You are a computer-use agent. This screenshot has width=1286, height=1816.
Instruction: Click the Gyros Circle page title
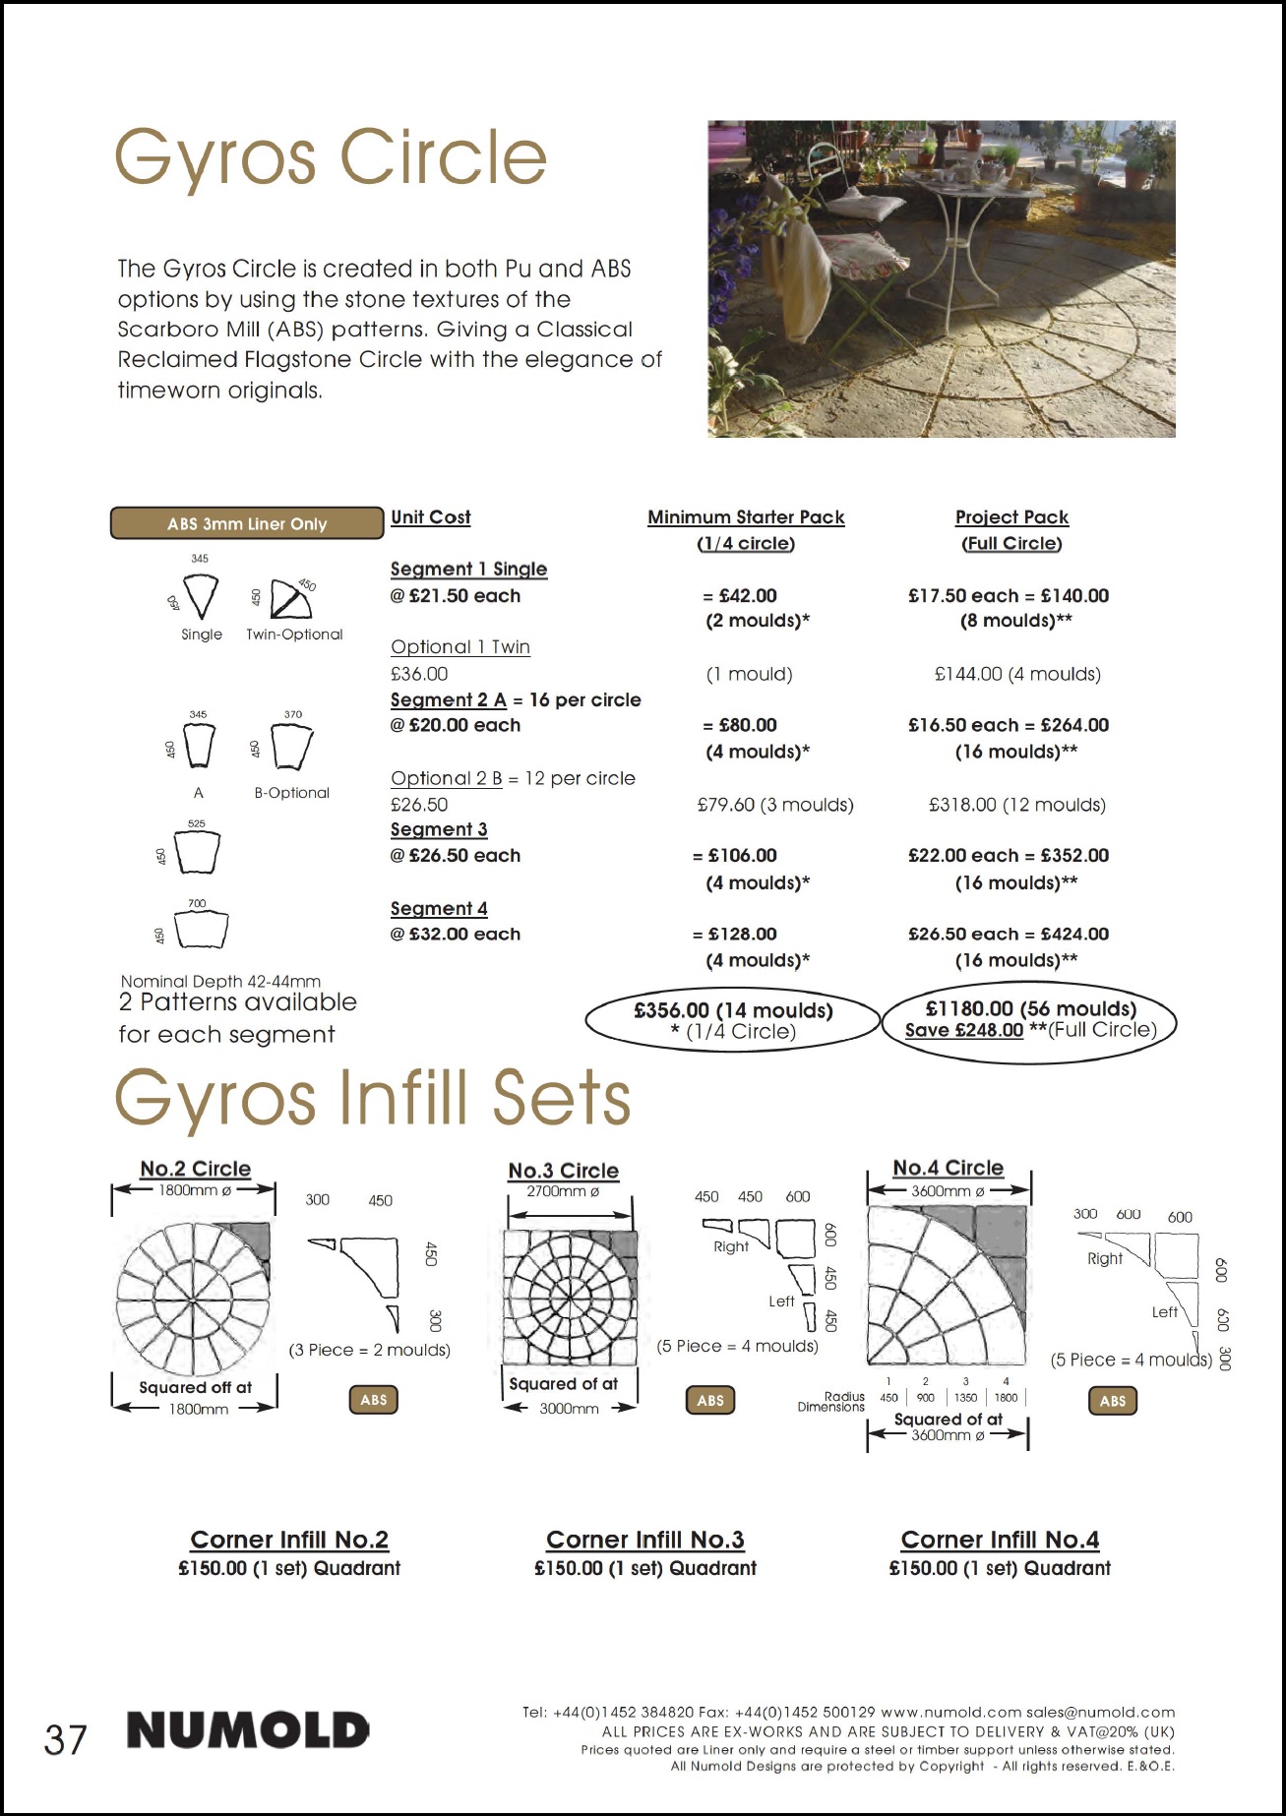331,157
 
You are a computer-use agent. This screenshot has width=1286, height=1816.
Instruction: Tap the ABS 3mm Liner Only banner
246,523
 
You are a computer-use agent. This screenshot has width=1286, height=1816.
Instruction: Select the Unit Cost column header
430,517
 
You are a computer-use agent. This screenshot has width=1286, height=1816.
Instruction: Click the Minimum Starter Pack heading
746,517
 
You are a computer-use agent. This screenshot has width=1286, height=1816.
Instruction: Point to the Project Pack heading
1011,517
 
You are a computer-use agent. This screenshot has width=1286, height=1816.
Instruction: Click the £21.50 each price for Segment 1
456,596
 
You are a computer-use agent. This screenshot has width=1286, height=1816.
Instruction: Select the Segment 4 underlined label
439,909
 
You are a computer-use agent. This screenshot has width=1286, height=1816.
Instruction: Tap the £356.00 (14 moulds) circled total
733,1010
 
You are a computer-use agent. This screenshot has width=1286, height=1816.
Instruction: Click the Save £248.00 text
963,1030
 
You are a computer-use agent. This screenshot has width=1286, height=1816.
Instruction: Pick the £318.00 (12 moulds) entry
1017,805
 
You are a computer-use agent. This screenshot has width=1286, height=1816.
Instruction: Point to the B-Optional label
291,793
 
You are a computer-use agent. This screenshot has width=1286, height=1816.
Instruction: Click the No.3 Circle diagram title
563,1171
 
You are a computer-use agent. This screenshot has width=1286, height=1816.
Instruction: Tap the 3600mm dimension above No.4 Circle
948,1191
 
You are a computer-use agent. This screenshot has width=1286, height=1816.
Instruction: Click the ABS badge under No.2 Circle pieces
374,1400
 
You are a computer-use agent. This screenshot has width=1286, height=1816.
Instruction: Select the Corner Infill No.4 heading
1000,1540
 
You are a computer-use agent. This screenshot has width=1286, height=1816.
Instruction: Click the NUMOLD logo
248,1730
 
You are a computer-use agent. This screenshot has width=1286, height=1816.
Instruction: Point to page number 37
65,1740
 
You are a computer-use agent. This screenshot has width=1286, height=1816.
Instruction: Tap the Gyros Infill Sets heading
373,1099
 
